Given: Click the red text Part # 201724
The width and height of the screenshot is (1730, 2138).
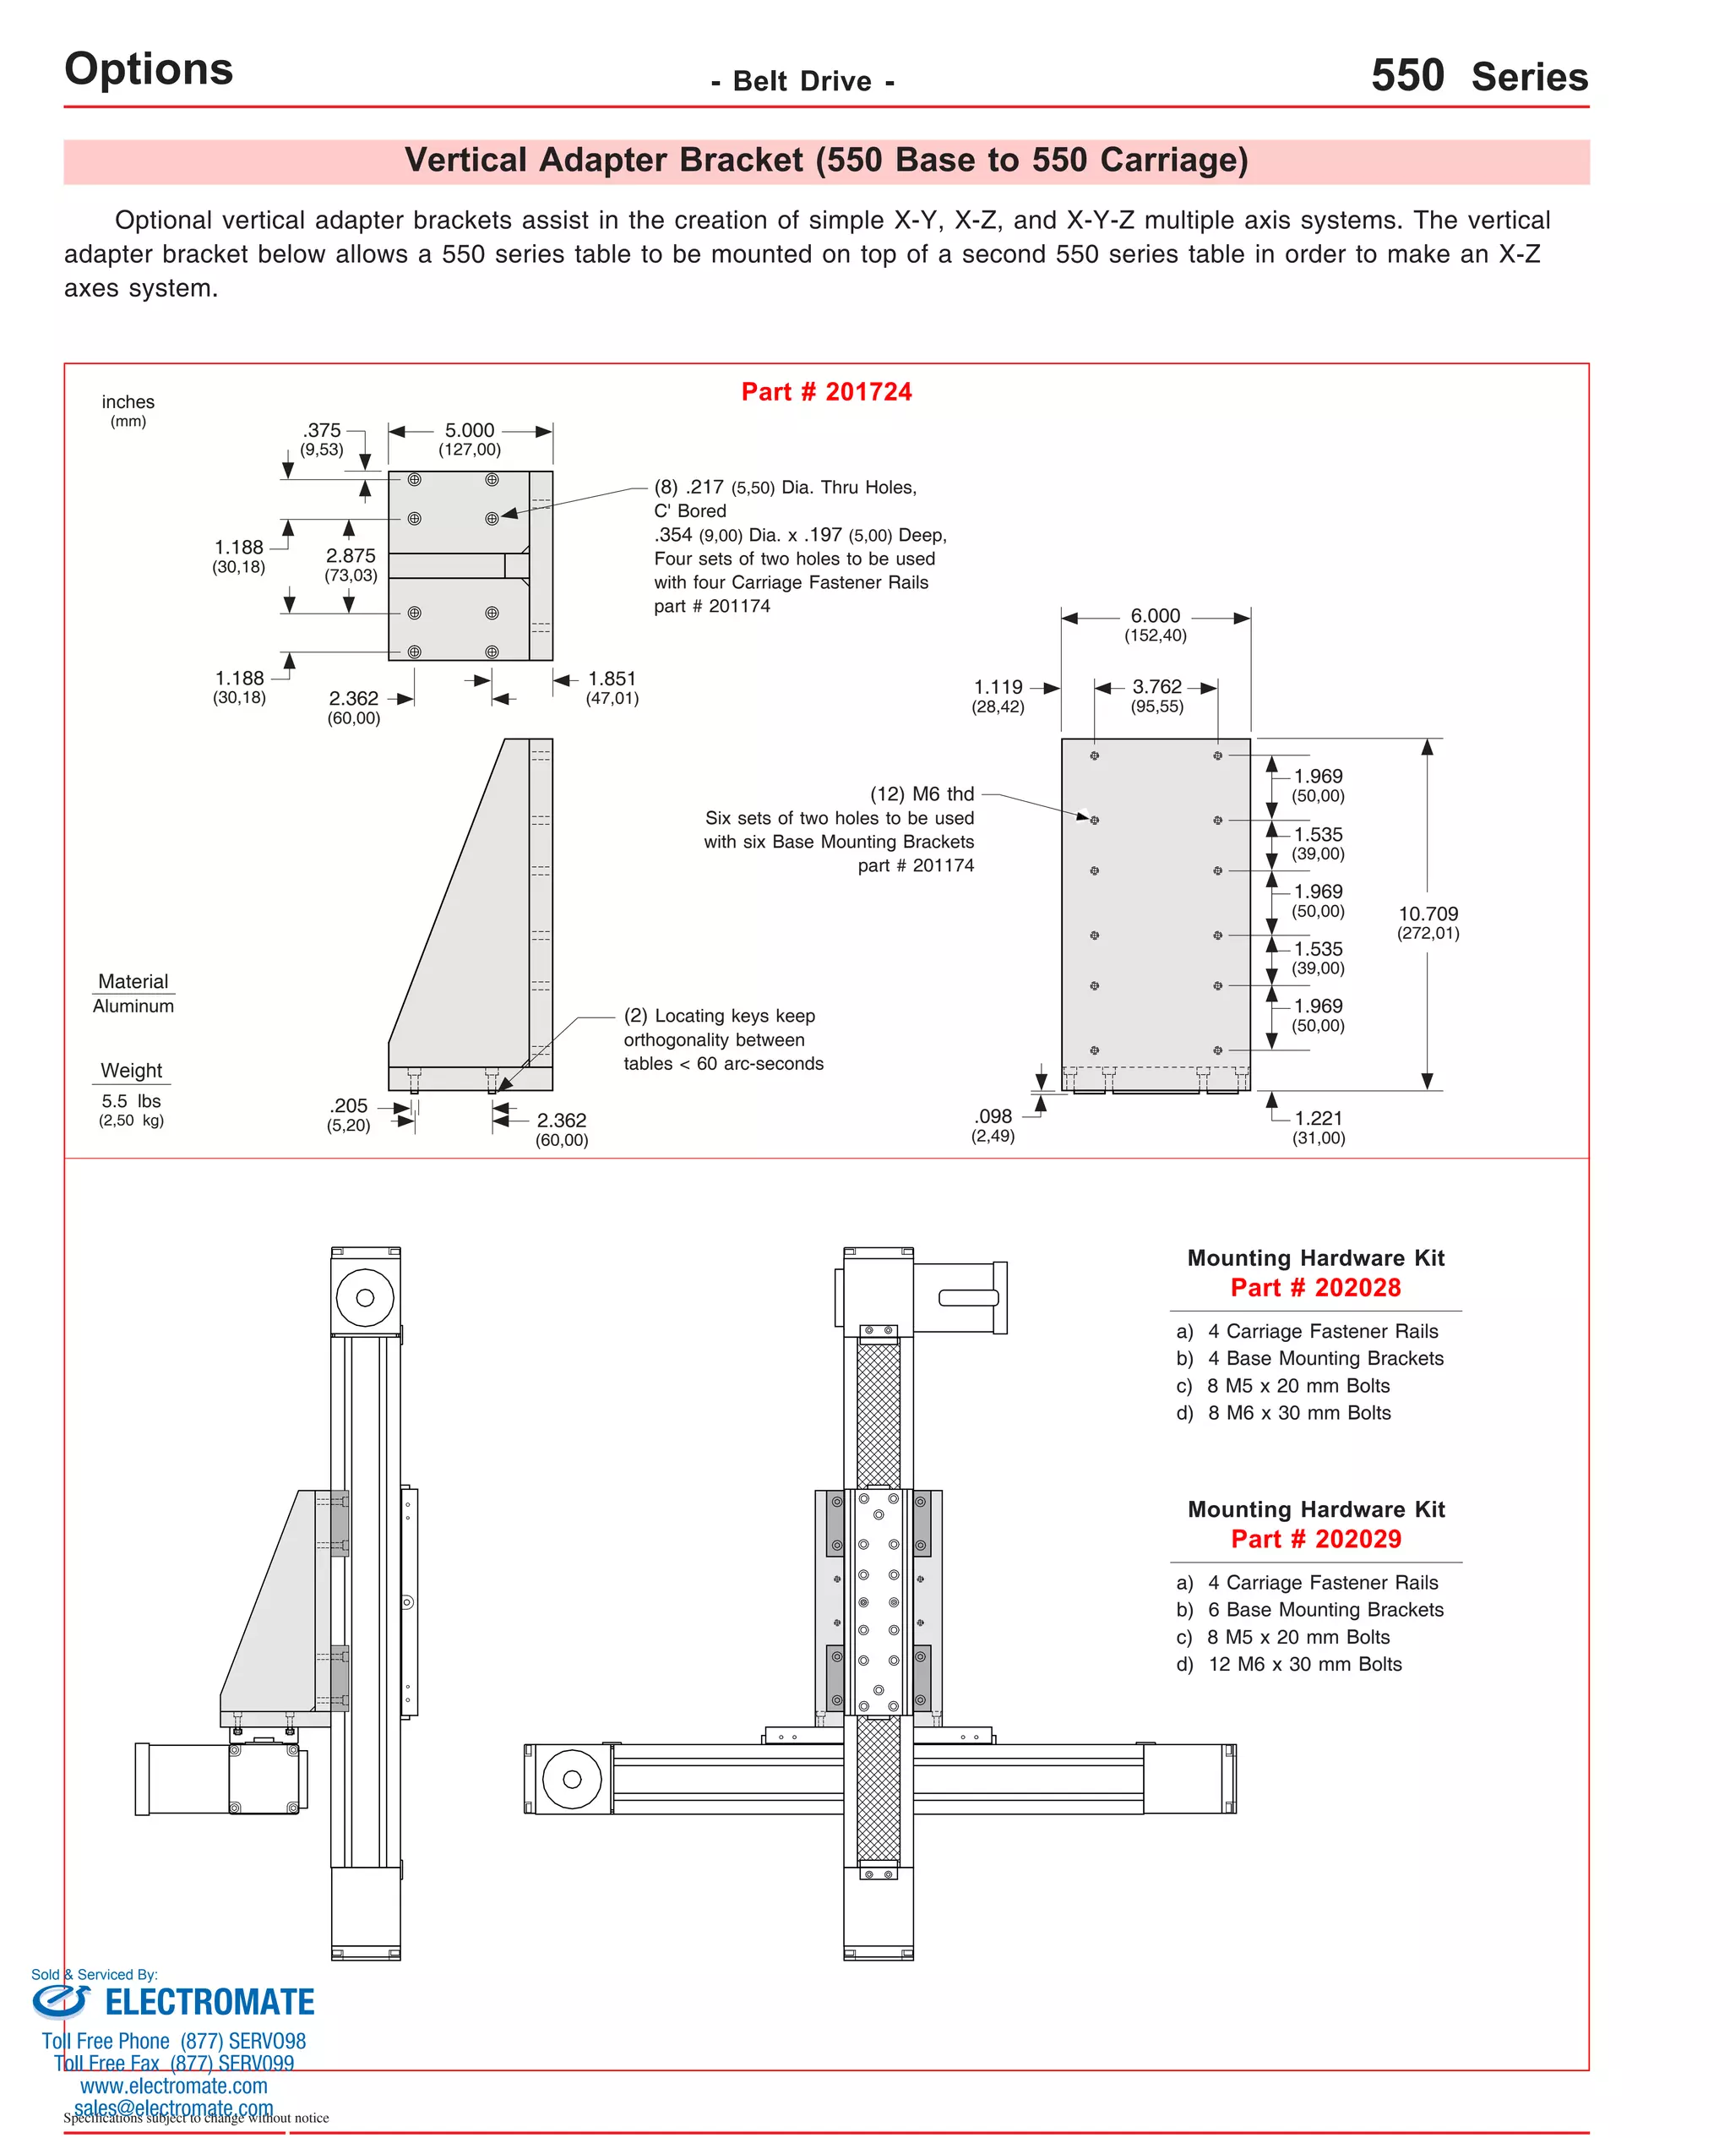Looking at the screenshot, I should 826,392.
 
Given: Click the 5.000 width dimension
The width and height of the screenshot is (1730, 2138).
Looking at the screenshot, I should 470,431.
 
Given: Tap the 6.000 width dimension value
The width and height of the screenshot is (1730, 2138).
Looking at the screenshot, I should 1155,616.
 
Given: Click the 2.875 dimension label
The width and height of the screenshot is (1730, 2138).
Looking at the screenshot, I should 351,556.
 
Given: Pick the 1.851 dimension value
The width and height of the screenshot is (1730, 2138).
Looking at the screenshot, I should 612,679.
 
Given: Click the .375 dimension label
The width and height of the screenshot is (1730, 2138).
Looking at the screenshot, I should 322,431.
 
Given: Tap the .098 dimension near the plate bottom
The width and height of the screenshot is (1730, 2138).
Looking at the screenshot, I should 993,1116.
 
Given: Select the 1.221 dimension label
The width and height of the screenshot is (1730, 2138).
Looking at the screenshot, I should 1319,1118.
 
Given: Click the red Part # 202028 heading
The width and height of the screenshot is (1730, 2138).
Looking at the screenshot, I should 1315,1288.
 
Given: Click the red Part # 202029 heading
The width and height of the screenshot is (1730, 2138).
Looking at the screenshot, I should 1315,1539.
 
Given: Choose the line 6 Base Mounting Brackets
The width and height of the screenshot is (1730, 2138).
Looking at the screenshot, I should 1325,1609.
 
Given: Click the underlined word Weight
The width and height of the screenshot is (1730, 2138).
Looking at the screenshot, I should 132,1071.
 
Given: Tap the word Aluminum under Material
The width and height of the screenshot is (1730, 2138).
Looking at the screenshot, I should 133,1006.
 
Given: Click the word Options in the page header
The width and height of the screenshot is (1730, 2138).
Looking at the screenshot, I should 149,68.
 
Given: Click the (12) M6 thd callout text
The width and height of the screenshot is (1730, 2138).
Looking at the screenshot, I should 922,794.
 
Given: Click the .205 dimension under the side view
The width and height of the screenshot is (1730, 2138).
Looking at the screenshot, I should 349,1105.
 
